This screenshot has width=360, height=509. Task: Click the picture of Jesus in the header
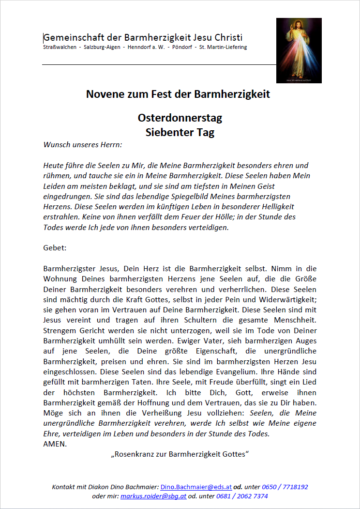click(x=299, y=50)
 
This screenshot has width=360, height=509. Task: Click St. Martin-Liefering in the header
click(x=223, y=47)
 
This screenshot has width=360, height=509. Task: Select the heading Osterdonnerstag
click(x=180, y=118)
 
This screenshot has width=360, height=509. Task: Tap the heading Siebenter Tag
click(x=180, y=132)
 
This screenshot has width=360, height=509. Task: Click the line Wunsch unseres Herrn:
click(x=83, y=144)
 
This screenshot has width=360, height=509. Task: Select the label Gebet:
click(x=55, y=247)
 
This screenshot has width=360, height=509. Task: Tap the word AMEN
click(x=55, y=444)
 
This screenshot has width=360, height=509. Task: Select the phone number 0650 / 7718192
click(x=285, y=487)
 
